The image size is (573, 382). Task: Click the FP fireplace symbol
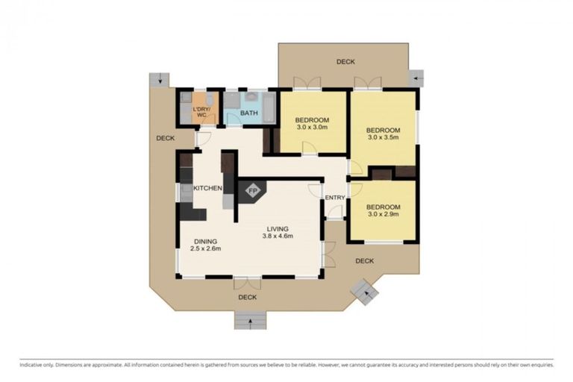click(x=252, y=190)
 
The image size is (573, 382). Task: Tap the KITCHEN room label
click(x=207, y=188)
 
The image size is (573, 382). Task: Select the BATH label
click(x=249, y=113)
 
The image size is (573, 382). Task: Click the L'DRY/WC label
click(x=201, y=112)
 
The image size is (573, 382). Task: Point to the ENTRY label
click(x=335, y=198)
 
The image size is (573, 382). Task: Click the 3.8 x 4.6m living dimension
click(x=278, y=237)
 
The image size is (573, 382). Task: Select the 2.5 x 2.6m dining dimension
click(x=205, y=248)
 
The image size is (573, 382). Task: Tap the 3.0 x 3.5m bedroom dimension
click(x=383, y=137)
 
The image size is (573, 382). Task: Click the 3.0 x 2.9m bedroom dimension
click(x=383, y=214)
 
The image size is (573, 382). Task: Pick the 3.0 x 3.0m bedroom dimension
click(x=312, y=128)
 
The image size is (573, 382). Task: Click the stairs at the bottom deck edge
click(x=251, y=321)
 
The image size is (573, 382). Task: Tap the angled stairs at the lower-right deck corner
click(x=364, y=292)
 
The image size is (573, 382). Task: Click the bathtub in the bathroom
click(x=269, y=108)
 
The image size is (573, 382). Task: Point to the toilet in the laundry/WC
click(x=209, y=98)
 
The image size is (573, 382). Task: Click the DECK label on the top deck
click(x=345, y=62)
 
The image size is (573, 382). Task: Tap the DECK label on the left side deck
click(x=166, y=138)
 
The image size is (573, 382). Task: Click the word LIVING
click(x=278, y=229)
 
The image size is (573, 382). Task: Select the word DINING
click(x=205, y=242)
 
